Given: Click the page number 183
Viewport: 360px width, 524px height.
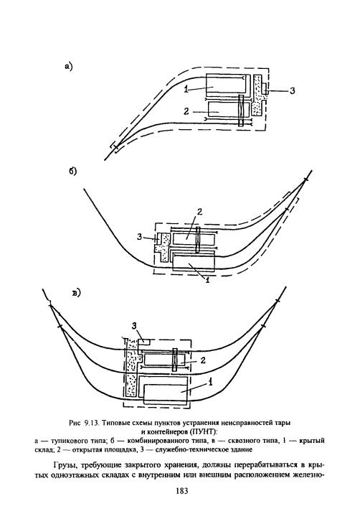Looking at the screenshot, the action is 181,490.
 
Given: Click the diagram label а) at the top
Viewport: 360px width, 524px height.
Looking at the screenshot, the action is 69,66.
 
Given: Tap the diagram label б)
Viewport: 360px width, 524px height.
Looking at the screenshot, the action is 73,171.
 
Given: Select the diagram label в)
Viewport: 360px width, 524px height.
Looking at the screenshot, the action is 77,293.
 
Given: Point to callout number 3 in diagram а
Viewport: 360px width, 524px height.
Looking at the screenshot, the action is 292,90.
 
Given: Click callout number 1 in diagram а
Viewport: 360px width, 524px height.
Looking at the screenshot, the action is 186,89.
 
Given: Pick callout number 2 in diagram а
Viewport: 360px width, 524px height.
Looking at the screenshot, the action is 186,111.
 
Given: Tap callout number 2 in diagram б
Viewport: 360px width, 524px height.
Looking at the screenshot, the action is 199,212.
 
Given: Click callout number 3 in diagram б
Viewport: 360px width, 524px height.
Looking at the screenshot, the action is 140,238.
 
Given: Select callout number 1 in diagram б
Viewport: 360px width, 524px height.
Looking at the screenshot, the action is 207,280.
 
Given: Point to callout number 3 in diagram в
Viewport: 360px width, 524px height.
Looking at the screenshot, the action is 134,326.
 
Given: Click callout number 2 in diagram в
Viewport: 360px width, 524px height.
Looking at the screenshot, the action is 203,360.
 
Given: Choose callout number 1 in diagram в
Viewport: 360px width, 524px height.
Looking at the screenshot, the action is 210,383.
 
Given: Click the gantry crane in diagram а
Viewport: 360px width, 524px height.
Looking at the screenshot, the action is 241,111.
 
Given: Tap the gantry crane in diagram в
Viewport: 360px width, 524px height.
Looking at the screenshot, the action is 174,360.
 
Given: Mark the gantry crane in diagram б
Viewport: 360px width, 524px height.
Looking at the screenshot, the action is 199,240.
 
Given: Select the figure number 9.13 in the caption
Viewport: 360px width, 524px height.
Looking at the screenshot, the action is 90,423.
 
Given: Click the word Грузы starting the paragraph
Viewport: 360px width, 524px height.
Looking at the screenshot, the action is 65,466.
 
